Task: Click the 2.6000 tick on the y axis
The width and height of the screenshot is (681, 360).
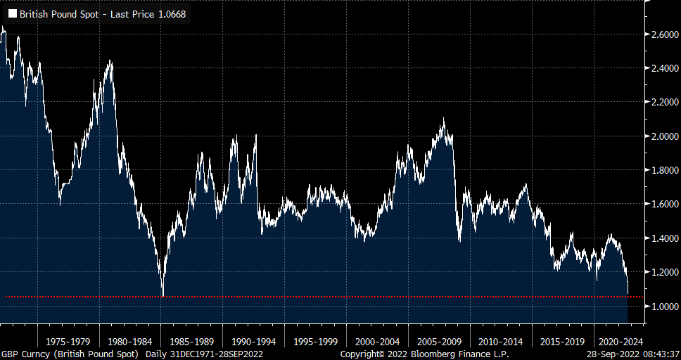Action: pos(664,34)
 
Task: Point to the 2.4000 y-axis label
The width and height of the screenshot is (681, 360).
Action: pos(664,68)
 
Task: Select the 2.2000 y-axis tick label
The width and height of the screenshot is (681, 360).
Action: pos(664,102)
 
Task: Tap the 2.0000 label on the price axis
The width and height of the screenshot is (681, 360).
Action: pos(664,136)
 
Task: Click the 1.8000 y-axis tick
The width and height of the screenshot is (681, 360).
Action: pos(664,170)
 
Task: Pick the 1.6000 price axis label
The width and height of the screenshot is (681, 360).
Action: pos(664,204)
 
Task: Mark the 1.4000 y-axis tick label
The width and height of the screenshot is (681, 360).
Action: pos(664,238)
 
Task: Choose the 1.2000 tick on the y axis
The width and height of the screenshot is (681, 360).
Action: pos(664,272)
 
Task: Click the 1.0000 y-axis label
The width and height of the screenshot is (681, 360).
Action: pos(664,306)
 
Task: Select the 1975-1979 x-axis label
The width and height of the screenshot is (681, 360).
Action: pos(68,341)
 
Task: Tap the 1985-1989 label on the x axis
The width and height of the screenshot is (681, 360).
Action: pos(191,341)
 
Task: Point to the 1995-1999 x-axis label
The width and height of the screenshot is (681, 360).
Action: pos(316,341)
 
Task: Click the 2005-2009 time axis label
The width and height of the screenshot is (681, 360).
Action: pos(439,341)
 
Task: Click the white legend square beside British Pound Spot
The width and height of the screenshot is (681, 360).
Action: pos(12,13)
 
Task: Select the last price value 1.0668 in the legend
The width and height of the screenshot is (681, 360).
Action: pos(172,13)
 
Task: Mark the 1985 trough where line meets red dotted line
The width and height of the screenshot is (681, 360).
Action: pos(163,296)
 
